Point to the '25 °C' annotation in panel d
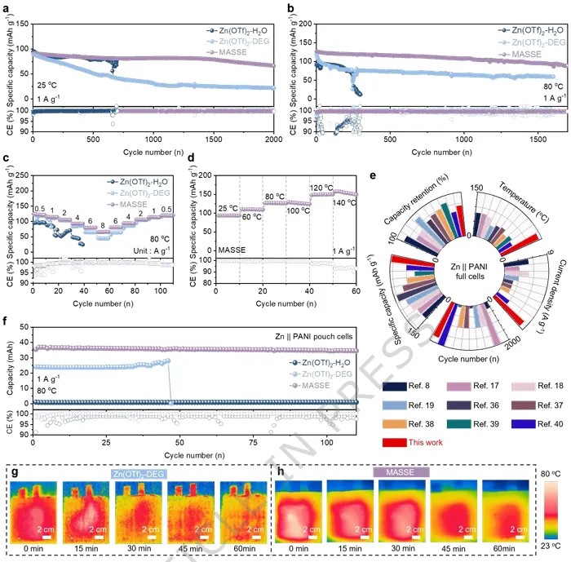(x=227, y=207)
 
